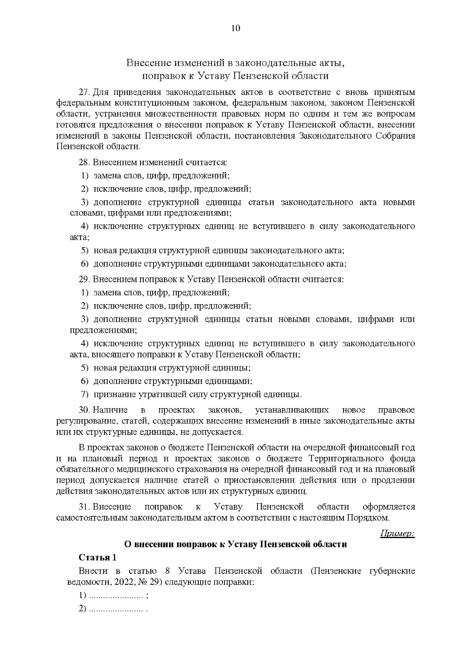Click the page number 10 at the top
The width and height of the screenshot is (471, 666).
coord(235,28)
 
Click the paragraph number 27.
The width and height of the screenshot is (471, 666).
coord(84,93)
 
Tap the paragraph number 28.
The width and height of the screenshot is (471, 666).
coord(84,162)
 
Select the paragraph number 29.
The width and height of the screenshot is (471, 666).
coord(84,279)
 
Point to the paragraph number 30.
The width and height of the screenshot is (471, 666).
coord(84,410)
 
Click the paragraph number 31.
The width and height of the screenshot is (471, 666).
coord(84,507)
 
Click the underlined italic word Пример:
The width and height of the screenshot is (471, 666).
coord(397,533)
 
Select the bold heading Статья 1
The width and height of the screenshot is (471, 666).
coord(97,558)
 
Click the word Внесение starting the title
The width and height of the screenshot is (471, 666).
coord(148,63)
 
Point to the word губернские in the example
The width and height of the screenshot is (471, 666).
coord(392,571)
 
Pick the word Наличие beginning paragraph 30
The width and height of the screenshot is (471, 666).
coord(110,410)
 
